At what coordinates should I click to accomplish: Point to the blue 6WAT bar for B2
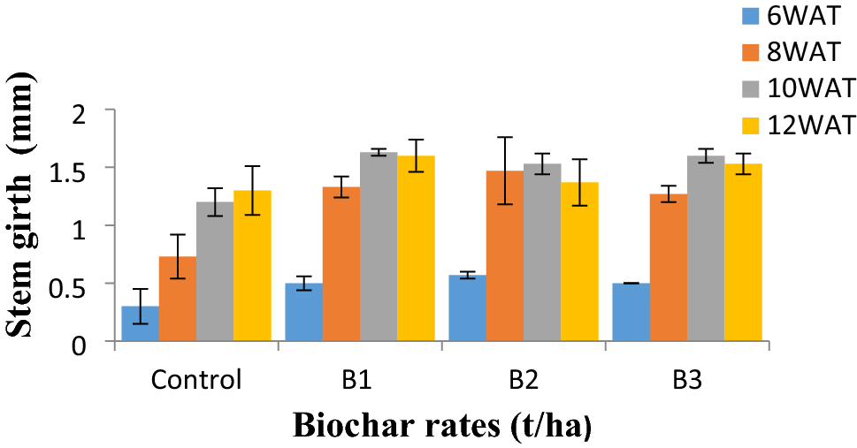[x=468, y=308]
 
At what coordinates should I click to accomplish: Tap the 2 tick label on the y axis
[x=88, y=110]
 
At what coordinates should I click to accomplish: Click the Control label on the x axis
[x=196, y=382]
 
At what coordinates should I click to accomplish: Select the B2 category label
[x=524, y=382]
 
